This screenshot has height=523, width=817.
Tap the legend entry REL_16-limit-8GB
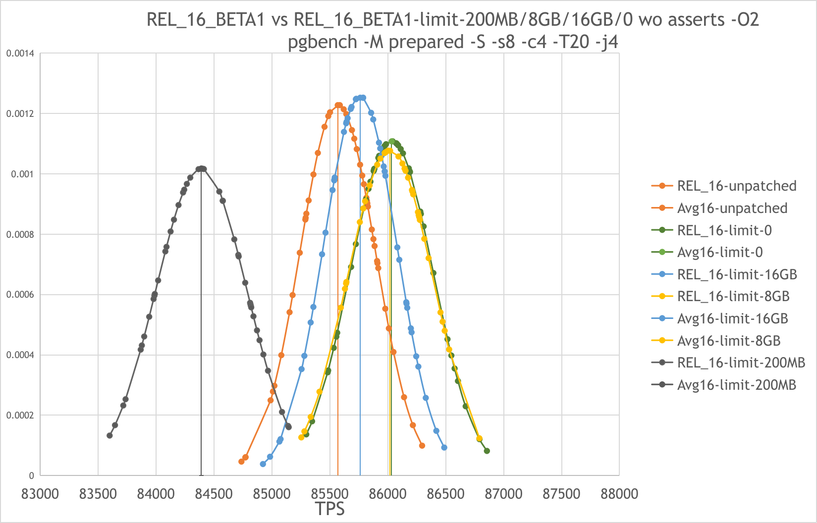point(733,297)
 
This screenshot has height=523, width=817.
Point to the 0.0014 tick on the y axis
point(20,53)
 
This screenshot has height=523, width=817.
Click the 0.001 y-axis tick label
point(24,174)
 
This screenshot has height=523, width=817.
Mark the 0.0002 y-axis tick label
point(20,416)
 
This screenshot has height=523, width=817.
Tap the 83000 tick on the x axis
point(40,494)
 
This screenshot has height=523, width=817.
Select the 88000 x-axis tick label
point(619,494)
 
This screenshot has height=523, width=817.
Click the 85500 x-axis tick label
point(330,494)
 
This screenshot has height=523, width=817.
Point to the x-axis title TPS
point(330,509)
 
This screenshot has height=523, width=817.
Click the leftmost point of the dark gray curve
point(109,435)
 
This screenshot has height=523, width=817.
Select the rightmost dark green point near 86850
point(487,451)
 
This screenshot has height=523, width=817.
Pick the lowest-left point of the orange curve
point(241,462)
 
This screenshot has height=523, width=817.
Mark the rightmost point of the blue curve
point(444,448)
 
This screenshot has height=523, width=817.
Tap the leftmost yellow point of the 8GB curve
point(301,437)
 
